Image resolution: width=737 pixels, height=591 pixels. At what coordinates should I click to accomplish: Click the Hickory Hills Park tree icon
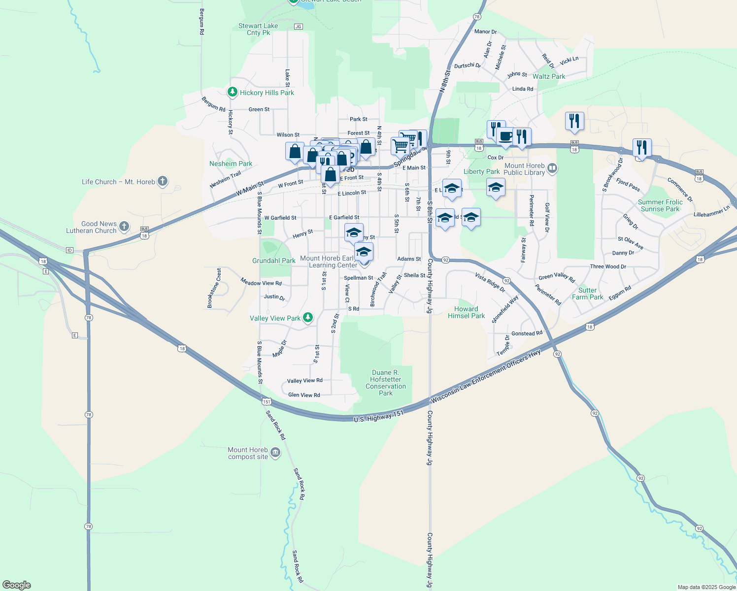(x=233, y=93)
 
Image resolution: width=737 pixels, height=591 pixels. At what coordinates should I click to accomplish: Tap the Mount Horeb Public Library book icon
(x=552, y=169)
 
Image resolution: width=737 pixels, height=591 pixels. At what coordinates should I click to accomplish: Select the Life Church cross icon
(x=163, y=182)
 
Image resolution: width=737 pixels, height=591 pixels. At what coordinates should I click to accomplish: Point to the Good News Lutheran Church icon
(x=124, y=227)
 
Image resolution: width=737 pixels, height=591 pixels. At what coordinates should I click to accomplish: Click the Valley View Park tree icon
(x=308, y=318)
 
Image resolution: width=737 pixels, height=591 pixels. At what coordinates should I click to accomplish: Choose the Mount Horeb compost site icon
(x=275, y=453)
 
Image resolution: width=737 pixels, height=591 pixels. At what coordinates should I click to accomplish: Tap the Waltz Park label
(x=549, y=76)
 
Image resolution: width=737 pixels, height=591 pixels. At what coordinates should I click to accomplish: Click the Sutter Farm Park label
(x=587, y=294)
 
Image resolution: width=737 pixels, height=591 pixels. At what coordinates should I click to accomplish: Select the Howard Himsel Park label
(x=466, y=312)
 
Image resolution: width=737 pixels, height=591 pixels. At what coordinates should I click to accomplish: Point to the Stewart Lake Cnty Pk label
(x=258, y=29)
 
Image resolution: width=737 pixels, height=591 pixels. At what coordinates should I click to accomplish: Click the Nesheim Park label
(x=231, y=164)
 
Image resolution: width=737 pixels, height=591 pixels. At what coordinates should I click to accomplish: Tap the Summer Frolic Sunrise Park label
(x=660, y=205)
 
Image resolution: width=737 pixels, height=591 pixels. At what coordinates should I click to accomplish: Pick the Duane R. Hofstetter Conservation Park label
(x=386, y=383)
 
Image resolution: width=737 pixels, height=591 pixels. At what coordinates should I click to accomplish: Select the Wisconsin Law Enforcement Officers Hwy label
(x=486, y=376)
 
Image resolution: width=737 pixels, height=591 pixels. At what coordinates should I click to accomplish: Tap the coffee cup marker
(x=505, y=136)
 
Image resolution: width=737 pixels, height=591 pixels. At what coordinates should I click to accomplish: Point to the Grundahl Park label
(x=274, y=261)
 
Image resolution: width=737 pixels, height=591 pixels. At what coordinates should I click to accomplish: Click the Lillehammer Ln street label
(x=711, y=212)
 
